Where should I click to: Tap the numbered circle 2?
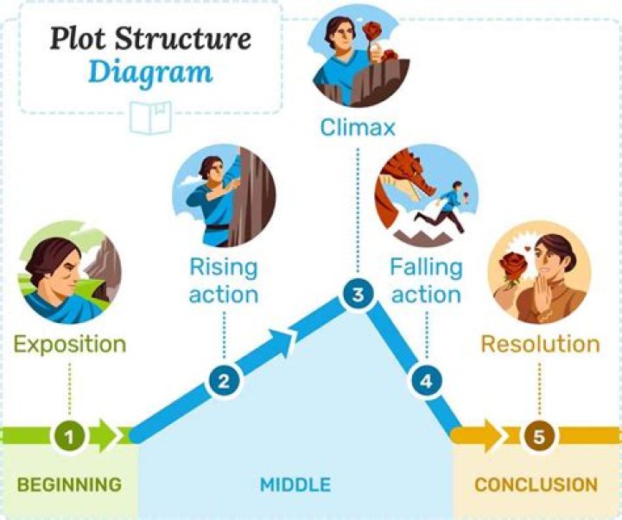223,381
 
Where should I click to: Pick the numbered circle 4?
424,380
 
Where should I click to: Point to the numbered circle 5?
539,436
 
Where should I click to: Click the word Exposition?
70,344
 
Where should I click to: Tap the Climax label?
358,129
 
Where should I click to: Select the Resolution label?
540,344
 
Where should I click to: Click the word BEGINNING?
70,484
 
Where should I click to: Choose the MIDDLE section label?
295,484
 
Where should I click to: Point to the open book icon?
150,116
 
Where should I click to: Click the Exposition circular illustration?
70,271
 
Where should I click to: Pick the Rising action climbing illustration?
224,195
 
